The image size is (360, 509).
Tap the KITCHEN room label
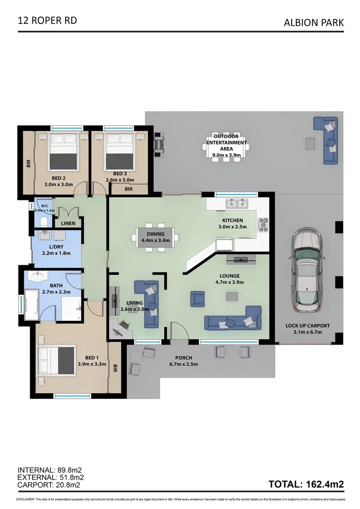click(232, 221)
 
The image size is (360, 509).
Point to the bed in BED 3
click(119, 152)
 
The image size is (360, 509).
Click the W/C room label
click(45, 205)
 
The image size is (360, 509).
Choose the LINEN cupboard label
click(68, 223)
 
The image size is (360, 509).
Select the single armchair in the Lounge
click(197, 299)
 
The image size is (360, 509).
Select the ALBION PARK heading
click(313, 22)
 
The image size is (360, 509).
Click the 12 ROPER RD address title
click(47, 20)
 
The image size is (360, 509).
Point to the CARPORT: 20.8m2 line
click(49, 484)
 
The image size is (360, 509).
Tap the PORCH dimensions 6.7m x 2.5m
click(183, 364)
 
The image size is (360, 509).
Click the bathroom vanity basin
click(38, 276)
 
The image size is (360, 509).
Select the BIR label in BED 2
click(29, 164)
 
